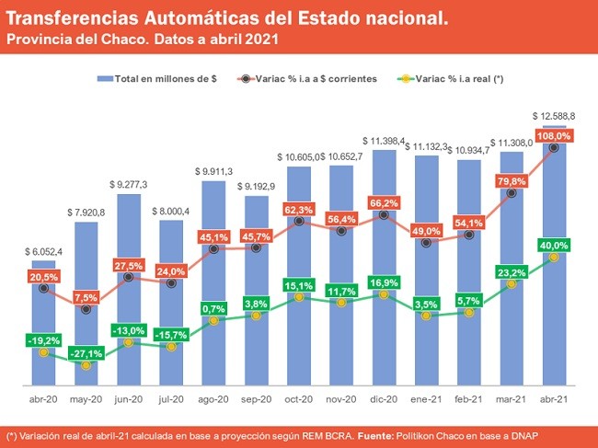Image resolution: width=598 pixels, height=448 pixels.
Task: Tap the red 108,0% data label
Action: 555,135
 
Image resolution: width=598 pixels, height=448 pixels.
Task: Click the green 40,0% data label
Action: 555,246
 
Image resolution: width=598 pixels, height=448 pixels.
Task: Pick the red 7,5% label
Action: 86,297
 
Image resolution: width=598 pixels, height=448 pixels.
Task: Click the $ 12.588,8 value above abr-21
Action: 555,116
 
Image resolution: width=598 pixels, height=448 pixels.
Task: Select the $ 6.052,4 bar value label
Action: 43,251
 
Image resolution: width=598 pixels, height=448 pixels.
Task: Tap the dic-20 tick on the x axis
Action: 384,399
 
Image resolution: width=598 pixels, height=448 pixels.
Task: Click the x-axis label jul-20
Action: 171,399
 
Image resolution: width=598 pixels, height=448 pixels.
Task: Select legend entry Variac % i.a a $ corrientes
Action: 316,79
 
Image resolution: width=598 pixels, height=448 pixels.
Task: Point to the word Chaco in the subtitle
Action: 122,40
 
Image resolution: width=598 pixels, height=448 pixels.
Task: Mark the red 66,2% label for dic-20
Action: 385,202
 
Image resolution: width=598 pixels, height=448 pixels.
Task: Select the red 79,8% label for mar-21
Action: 512,181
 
